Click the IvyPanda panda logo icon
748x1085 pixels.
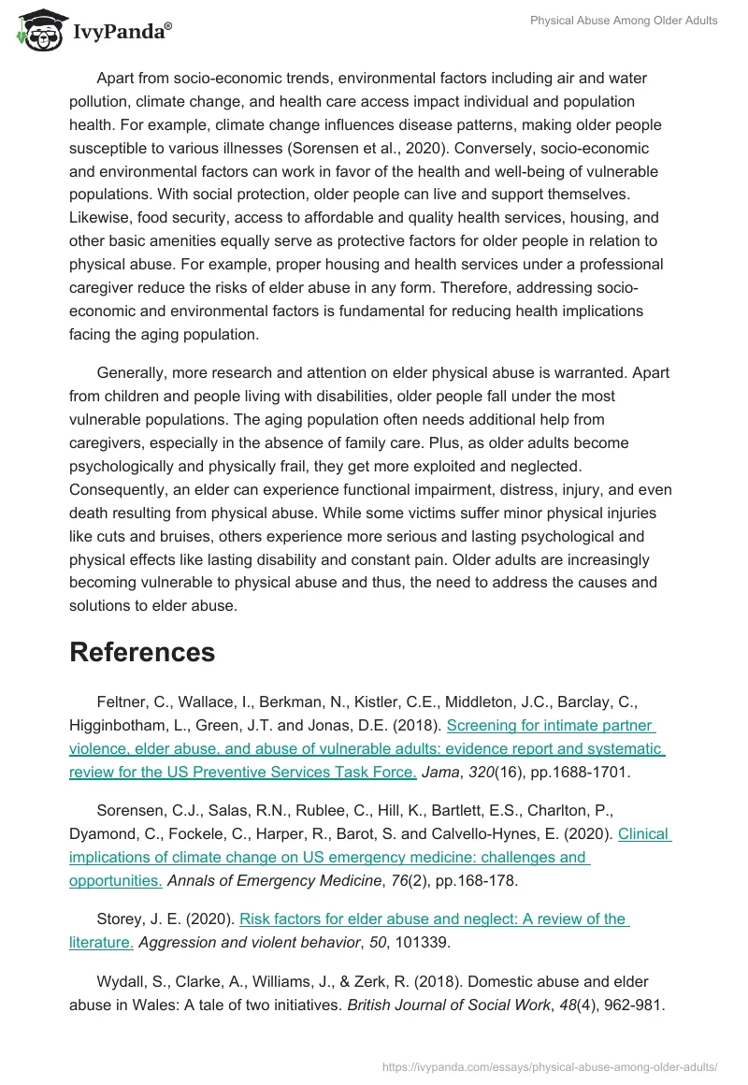(x=37, y=32)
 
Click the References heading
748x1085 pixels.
(x=142, y=652)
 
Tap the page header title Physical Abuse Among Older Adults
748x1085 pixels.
(x=624, y=21)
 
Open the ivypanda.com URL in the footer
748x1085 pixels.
(x=550, y=1065)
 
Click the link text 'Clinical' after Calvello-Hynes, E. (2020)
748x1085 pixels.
(x=644, y=833)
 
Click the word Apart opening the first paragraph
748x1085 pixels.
(x=116, y=78)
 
